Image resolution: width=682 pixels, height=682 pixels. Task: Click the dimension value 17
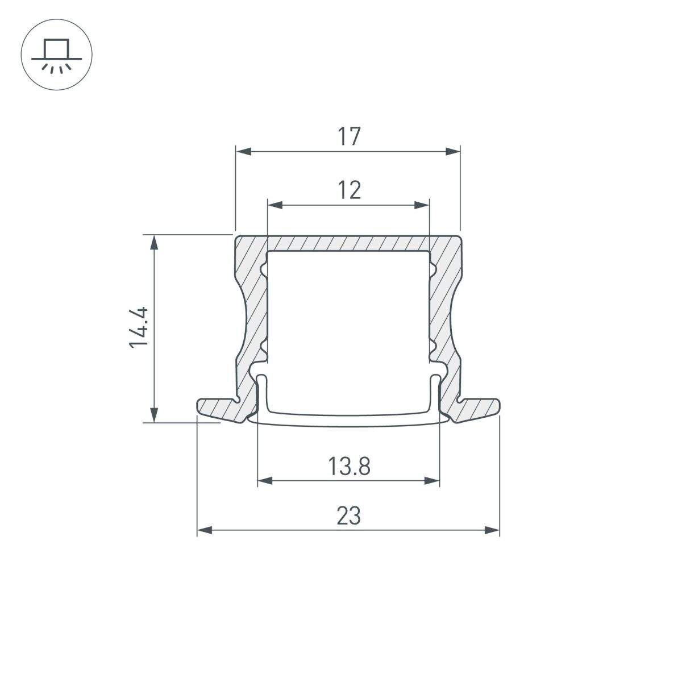point(349,137)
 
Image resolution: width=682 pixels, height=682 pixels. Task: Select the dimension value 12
point(349,190)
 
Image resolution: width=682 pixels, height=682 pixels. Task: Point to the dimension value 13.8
point(349,467)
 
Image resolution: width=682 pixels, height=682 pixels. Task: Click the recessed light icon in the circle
point(56,56)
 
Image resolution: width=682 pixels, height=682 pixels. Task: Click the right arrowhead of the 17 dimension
point(453,152)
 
